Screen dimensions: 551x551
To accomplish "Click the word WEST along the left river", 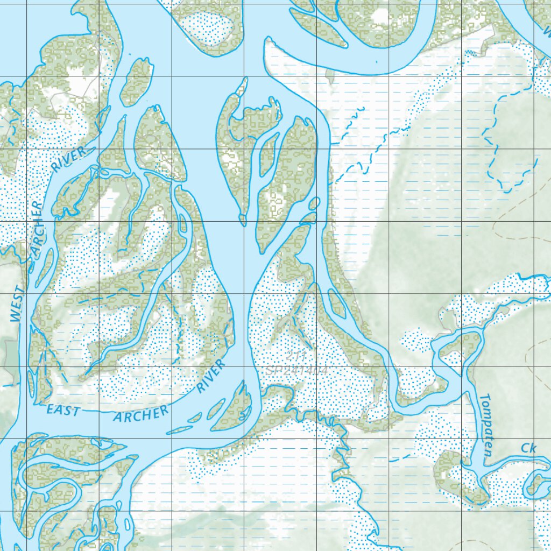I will pyautogui.click(x=17, y=304).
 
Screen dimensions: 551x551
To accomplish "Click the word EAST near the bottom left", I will pyautogui.click(x=62, y=411).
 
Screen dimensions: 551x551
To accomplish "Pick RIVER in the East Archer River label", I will pyautogui.click(x=210, y=377).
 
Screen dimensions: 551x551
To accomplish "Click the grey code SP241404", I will pyautogui.click(x=296, y=370).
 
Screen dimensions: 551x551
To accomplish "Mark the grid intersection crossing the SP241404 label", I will pyautogui.click(x=319, y=368).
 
